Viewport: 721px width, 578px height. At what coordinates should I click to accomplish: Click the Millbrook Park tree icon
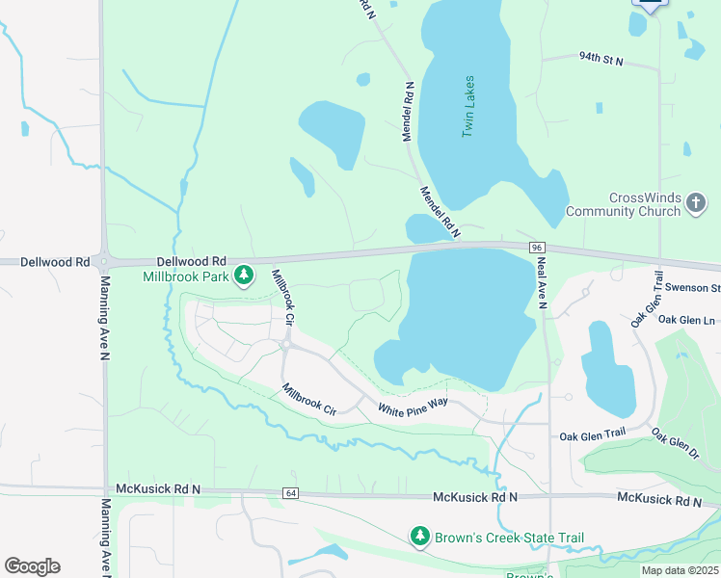point(245,276)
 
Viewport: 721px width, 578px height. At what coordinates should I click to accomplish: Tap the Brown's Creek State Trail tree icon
point(419,537)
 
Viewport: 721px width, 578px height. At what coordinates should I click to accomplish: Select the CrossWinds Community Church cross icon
point(697,203)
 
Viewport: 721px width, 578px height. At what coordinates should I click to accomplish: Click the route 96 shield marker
point(536,248)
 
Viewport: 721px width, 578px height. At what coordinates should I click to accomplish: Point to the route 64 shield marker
point(290,493)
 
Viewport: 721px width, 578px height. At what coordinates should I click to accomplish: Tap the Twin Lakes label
point(468,106)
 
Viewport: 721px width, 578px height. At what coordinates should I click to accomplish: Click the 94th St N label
point(601,61)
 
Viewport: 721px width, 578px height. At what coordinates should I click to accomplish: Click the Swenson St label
point(702,288)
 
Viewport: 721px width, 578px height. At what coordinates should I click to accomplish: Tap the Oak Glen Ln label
point(688,320)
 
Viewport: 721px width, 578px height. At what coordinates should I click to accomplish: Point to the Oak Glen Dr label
point(675,442)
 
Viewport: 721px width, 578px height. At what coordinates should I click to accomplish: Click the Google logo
point(32,565)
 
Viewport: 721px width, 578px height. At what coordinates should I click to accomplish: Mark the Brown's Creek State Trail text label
point(509,538)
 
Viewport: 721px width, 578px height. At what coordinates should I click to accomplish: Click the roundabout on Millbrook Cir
point(286,344)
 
